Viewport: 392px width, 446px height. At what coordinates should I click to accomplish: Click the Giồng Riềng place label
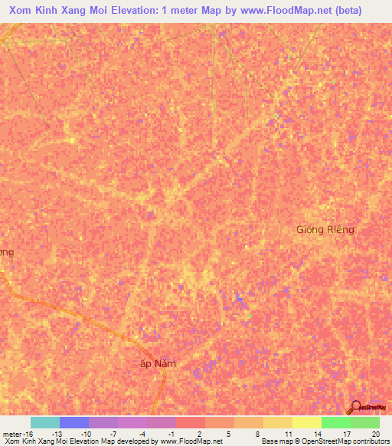325,229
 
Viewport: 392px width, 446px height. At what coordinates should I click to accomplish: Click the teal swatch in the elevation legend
44,422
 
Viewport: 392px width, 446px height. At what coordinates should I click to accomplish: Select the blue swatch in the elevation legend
74,422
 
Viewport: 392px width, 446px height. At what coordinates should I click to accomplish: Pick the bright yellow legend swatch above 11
277,422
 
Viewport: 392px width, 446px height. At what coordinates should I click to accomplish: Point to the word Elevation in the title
140,10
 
